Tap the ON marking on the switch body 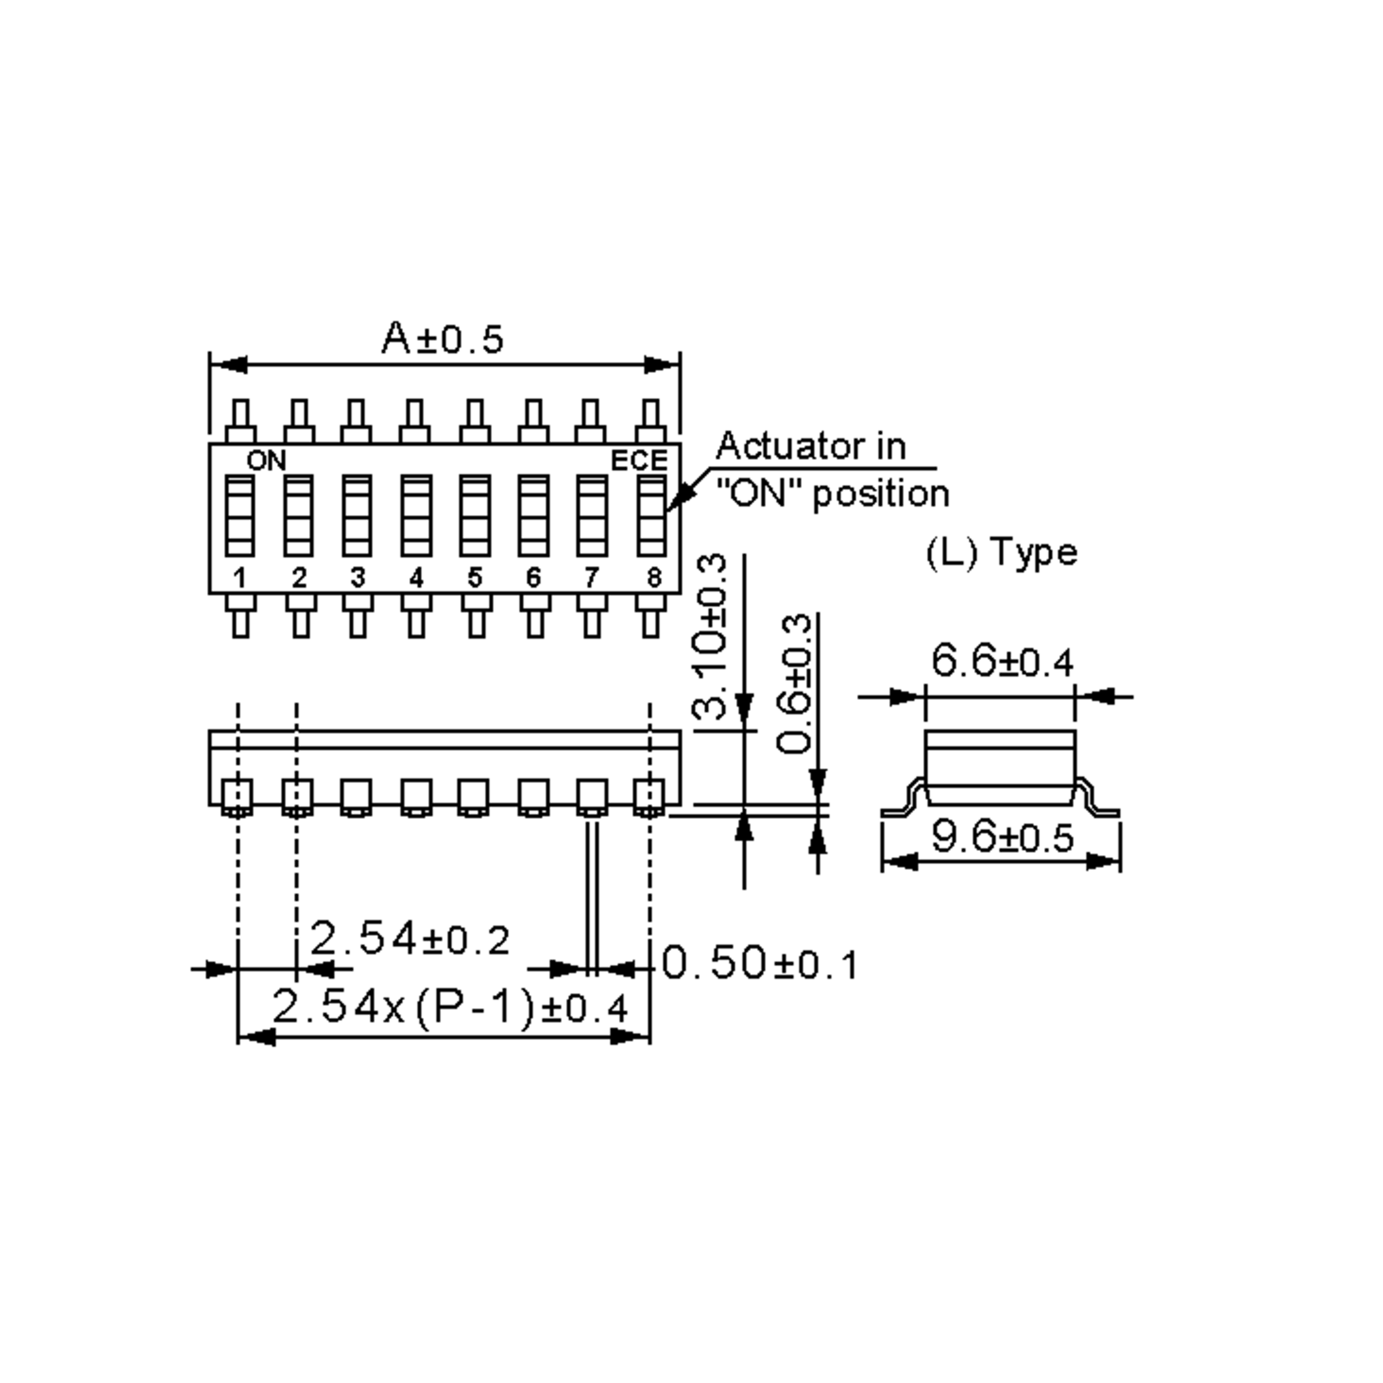click(266, 461)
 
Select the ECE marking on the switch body click(638, 461)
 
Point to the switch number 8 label click(653, 577)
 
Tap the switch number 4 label click(416, 577)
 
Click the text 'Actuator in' click(810, 447)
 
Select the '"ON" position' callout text click(833, 494)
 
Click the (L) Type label click(1001, 553)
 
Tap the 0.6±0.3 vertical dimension click(795, 683)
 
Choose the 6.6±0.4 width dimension click(1002, 661)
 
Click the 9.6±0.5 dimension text click(1002, 837)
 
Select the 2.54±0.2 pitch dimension click(410, 939)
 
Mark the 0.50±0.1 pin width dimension click(759, 963)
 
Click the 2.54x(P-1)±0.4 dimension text click(449, 1008)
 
